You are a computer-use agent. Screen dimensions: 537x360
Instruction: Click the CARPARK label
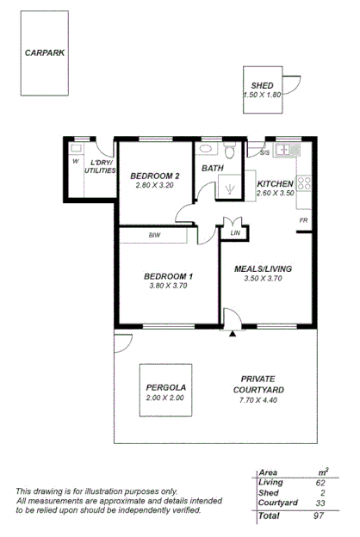coord(46,52)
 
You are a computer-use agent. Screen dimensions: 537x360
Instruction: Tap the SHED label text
coord(263,85)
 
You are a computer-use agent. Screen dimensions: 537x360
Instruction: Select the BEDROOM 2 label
coord(155,176)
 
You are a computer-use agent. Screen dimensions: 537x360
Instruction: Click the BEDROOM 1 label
coord(167,275)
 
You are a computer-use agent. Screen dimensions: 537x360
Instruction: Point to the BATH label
coord(213,169)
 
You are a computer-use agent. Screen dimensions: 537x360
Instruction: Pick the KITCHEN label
coord(276,184)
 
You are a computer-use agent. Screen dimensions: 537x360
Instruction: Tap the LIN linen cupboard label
coord(234,232)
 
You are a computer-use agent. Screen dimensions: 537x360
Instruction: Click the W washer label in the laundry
coord(75,160)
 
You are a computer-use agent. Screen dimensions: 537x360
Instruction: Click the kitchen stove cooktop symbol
coord(303,182)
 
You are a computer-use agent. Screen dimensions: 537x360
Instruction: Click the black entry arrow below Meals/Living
coord(233,333)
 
